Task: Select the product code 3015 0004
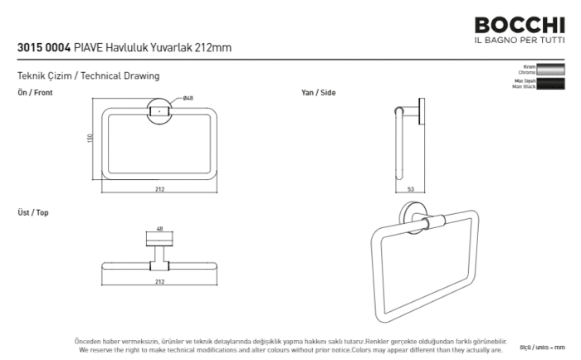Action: click(43, 48)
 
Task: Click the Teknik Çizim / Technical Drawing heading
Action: click(88, 76)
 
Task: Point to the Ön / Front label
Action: click(35, 93)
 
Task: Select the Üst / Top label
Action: click(33, 213)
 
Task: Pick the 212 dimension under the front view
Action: click(159, 189)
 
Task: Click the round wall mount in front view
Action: click(159, 111)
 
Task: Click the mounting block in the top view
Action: click(159, 241)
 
